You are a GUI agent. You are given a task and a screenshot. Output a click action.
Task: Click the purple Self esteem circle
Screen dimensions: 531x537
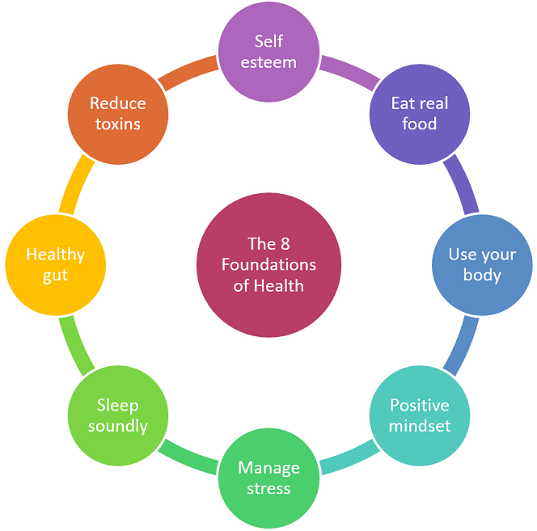(x=268, y=52)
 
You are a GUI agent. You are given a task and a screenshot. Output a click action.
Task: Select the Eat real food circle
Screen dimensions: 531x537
(x=420, y=113)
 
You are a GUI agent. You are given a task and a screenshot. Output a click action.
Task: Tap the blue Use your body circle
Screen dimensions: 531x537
(x=482, y=264)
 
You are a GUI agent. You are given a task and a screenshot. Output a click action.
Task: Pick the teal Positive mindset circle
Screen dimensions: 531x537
(x=420, y=415)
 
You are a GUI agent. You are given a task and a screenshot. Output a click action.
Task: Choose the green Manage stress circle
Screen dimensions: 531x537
(x=268, y=478)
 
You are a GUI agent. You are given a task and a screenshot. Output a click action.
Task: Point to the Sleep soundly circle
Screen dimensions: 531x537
(x=118, y=415)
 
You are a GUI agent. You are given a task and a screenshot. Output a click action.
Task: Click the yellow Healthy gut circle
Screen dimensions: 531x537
(x=55, y=264)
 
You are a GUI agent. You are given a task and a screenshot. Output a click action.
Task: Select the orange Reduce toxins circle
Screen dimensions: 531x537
(x=118, y=113)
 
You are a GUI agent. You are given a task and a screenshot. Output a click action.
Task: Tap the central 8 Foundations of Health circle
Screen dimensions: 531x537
(x=268, y=264)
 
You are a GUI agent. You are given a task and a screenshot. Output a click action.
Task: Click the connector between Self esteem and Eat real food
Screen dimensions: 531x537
(x=350, y=71)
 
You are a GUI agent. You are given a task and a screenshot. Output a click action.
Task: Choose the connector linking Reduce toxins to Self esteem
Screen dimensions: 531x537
(x=188, y=71)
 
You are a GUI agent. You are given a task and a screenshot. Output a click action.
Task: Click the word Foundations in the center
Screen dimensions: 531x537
(x=268, y=264)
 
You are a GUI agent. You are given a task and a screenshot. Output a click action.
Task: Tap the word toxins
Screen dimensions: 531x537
(x=118, y=124)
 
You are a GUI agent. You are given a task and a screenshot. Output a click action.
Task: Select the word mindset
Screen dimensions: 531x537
(x=420, y=426)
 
